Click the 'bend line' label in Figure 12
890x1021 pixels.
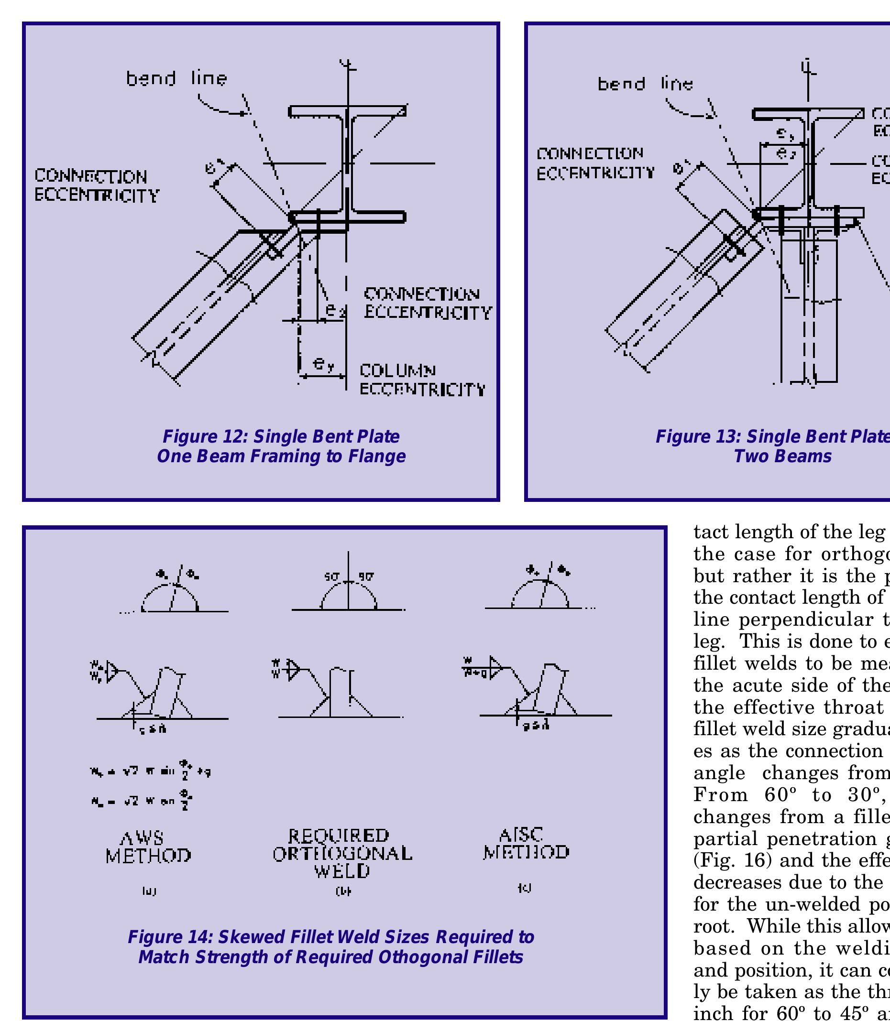pyautogui.click(x=176, y=78)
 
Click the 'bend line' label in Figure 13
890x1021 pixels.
pyautogui.click(x=645, y=83)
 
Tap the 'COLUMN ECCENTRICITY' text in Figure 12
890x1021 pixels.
pyautogui.click(x=422, y=380)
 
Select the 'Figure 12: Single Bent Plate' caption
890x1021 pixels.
pyautogui.click(x=281, y=437)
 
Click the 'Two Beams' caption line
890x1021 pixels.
pyautogui.click(x=782, y=456)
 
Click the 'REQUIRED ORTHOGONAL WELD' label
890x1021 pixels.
pyautogui.click(x=342, y=853)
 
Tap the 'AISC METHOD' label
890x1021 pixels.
pyautogui.click(x=526, y=843)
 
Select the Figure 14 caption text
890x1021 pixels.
pyautogui.click(x=331, y=946)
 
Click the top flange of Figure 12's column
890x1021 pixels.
pyautogui.click(x=348, y=111)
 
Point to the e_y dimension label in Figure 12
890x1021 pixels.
pyautogui.click(x=323, y=365)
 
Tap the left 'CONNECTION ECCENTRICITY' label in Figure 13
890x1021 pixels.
pyautogui.click(x=595, y=163)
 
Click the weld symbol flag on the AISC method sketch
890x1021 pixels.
pyautogui.click(x=495, y=668)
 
